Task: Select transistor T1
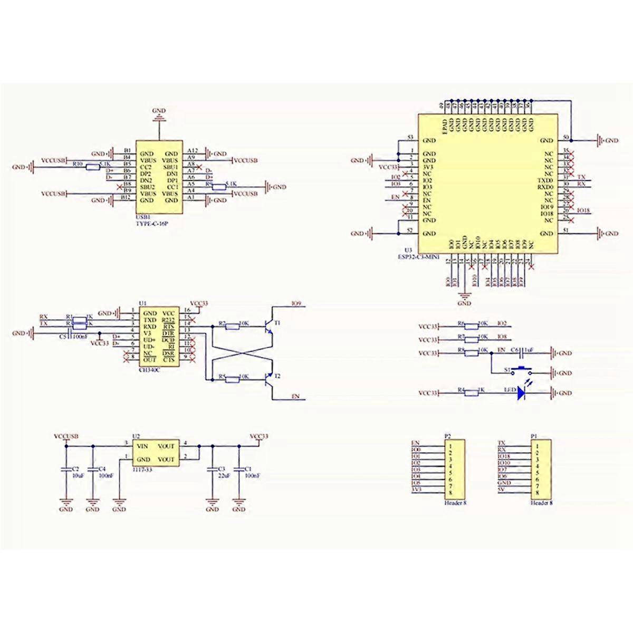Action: (268, 327)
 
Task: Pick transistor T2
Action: (268, 378)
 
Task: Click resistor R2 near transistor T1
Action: (232, 327)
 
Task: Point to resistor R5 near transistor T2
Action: (232, 378)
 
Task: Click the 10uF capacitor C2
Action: (66, 468)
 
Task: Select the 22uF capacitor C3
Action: (212, 468)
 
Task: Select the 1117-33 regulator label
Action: (142, 469)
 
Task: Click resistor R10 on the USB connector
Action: (93, 167)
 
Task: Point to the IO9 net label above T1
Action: (296, 304)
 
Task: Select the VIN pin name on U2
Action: (141, 446)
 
